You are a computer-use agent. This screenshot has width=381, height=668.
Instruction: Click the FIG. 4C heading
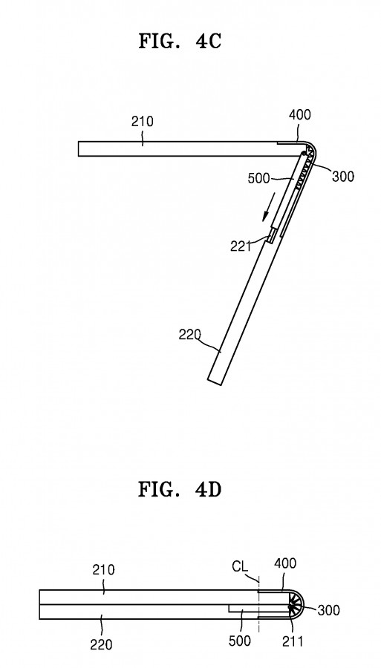pos(180,42)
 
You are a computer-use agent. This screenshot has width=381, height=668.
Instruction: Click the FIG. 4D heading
pos(180,490)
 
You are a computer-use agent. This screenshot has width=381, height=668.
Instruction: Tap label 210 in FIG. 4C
pos(142,122)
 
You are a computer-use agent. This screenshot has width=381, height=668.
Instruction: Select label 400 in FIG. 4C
pos(299,114)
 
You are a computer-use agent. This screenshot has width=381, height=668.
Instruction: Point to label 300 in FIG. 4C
pos(342,176)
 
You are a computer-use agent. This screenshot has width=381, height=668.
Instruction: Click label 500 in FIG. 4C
pos(258,178)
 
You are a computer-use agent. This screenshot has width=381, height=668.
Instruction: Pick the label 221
pos(241,246)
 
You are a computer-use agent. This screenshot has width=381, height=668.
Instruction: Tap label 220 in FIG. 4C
pos(189,335)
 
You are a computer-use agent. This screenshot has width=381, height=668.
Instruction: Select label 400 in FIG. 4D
pos(284,563)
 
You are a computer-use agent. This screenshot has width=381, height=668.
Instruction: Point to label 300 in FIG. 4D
pos(328,610)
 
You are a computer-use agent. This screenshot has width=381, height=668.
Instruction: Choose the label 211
pos(293,641)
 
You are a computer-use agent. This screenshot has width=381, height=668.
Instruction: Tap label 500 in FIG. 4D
pos(239,640)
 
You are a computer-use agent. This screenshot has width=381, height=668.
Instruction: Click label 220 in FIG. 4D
pos(101,644)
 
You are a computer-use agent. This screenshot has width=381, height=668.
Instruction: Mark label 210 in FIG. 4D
pos(103,569)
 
